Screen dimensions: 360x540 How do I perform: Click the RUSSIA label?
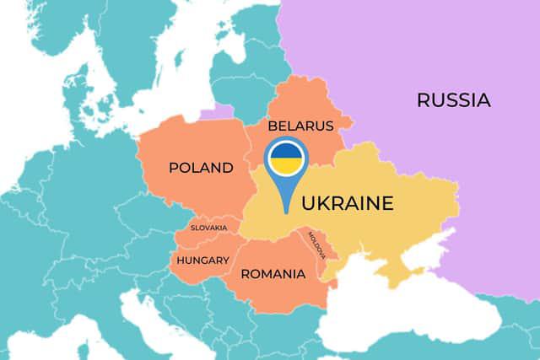point(453,100)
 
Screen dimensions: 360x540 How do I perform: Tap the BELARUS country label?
point(300,126)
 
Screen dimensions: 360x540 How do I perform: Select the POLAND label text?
point(201,168)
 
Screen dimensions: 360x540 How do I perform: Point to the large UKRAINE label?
point(348,203)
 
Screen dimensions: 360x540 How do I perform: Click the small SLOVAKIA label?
point(208,228)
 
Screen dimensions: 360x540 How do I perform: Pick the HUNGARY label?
point(202,260)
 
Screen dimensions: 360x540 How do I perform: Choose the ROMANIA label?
point(273,274)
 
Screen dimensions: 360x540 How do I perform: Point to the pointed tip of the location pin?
point(286,210)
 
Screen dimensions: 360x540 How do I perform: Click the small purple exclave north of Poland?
point(222,110)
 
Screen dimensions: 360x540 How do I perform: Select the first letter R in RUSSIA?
point(423,100)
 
